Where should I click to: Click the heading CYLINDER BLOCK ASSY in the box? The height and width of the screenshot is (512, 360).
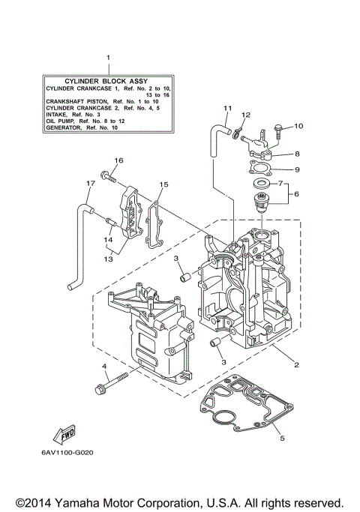[107, 79]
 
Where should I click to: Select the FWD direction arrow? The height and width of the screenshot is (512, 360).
[62, 434]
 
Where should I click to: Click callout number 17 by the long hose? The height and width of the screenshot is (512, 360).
[90, 184]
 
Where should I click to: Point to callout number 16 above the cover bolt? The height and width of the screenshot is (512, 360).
[118, 161]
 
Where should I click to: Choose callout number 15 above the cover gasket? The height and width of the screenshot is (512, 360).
[164, 184]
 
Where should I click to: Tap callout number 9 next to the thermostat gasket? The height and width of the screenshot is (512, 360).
[296, 169]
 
